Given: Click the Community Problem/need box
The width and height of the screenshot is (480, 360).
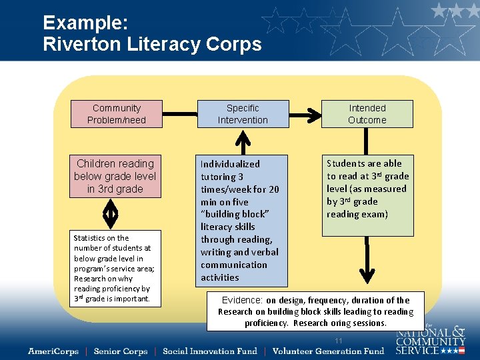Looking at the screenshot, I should point(116,114).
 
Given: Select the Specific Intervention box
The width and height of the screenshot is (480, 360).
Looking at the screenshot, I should point(243,114).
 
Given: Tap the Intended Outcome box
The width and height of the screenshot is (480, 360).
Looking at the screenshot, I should point(367,114).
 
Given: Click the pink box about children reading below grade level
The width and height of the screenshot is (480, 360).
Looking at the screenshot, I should point(115,176).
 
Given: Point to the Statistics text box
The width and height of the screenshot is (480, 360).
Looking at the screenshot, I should point(115,268).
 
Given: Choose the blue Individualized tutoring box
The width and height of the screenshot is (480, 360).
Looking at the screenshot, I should point(242,220).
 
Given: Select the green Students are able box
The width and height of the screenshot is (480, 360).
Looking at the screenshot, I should point(367,195).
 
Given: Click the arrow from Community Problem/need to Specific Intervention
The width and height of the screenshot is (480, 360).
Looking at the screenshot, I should point(179,114).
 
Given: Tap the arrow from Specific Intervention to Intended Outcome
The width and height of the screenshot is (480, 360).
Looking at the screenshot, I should point(305,114).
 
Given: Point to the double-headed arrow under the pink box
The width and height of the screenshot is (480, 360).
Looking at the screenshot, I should point(111,214).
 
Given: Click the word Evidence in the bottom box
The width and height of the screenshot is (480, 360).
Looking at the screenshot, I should point(243,300).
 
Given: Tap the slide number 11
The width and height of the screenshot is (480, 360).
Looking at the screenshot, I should point(339,341).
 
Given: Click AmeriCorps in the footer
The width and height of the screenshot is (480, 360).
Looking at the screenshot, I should point(53,351).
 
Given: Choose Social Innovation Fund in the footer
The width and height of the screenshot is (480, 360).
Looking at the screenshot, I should point(209,351).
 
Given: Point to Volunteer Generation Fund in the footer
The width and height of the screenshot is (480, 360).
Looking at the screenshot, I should point(328,351).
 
